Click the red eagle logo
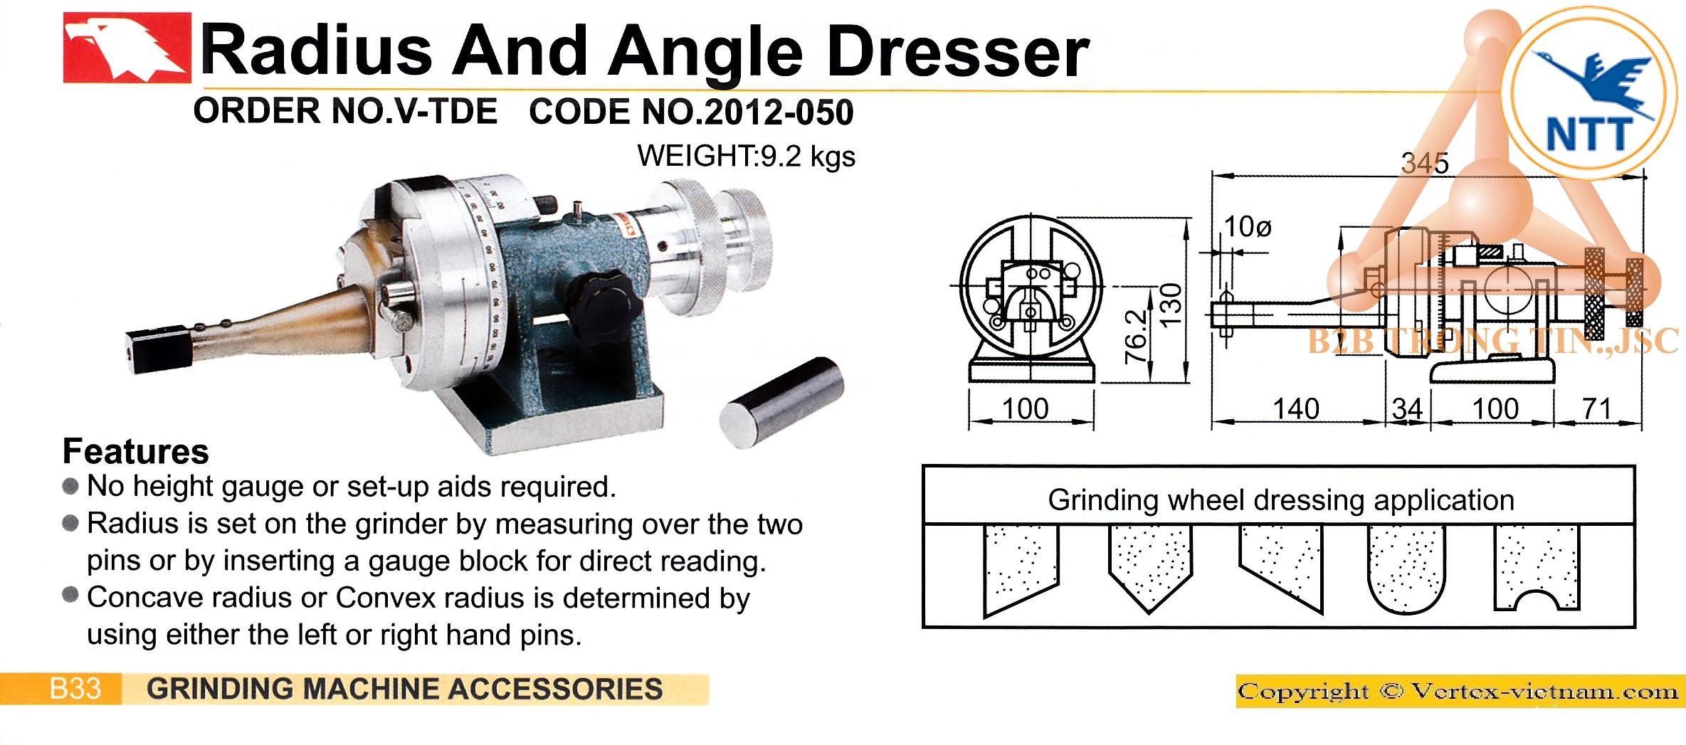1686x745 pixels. (127, 48)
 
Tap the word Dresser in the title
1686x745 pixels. (958, 51)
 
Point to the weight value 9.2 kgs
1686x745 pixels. (808, 156)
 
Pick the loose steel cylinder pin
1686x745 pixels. (781, 403)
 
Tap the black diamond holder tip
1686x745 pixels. (158, 350)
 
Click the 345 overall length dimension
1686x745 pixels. (1425, 163)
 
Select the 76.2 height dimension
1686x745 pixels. (1136, 337)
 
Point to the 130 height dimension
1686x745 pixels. (1171, 305)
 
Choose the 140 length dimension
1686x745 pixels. (1296, 408)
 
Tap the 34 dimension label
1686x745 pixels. (1407, 409)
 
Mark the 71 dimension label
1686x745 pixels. (1596, 408)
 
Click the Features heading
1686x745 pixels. (136, 451)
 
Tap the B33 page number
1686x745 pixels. (75, 689)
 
